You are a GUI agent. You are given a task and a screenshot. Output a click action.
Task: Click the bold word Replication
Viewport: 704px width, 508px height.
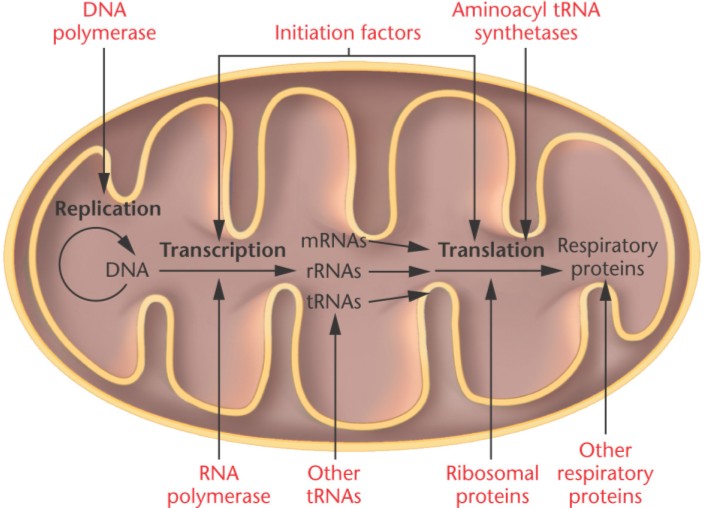[x=108, y=209]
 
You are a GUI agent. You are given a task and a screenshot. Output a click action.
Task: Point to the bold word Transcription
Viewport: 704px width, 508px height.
[x=217, y=249]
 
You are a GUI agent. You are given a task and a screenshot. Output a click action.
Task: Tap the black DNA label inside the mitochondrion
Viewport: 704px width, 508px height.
[x=125, y=269]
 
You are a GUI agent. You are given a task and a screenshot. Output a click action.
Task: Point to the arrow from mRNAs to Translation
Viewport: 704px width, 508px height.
[x=395, y=244]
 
